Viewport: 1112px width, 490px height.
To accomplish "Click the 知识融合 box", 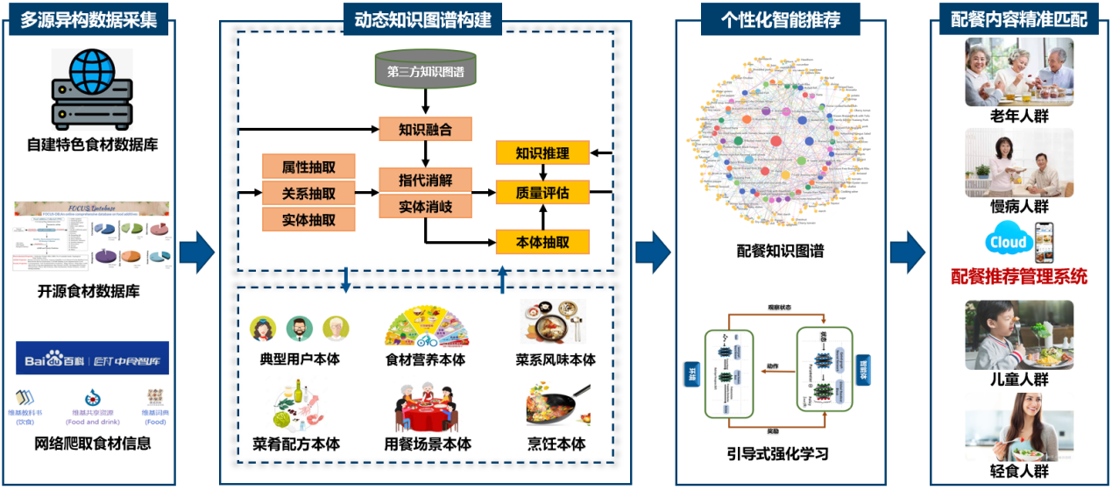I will (425, 130).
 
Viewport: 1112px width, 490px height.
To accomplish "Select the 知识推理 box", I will (542, 153).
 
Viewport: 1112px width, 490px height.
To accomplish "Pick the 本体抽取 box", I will (542, 241).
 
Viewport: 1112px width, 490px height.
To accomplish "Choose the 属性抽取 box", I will (308, 167).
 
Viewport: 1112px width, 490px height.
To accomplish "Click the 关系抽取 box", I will (308, 193).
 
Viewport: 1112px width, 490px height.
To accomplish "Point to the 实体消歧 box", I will (425, 207).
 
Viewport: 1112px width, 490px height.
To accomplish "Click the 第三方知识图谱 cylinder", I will (425, 71).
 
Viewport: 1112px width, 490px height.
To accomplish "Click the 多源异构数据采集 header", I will (90, 19).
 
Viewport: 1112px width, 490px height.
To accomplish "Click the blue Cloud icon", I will (1007, 242).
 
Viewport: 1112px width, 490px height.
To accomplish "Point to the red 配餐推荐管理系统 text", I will (1019, 277).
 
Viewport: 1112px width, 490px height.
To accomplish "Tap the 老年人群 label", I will (1019, 116).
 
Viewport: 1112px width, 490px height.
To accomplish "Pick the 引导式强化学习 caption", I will (777, 453).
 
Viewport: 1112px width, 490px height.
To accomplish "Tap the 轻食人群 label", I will (1019, 471).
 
